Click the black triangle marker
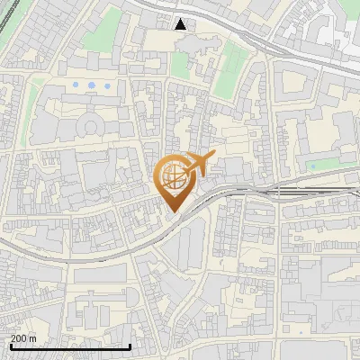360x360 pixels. pyautogui.click(x=182, y=24)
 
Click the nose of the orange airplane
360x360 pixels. pyautogui.click(x=212, y=157)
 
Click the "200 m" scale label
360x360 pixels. pyautogui.click(x=23, y=338)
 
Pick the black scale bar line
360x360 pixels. pyautogui.click(x=70, y=346)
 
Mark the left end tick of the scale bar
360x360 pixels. pyautogui.click(x=10, y=346)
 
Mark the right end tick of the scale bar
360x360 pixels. pyautogui.click(x=130, y=346)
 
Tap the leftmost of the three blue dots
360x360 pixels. pyautogui.click(x=76, y=85)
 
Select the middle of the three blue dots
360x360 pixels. pyautogui.click(x=91, y=85)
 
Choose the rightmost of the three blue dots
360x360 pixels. pyautogui.click(x=107, y=85)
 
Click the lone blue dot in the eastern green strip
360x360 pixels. pyautogui.click(x=313, y=165)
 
